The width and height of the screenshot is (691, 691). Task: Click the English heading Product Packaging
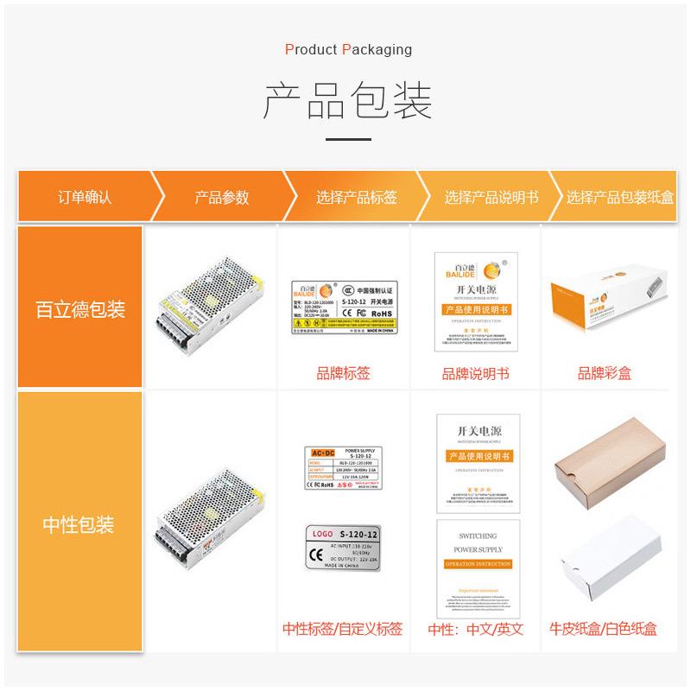[x=348, y=49]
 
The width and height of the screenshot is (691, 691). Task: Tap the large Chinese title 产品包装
[x=347, y=102]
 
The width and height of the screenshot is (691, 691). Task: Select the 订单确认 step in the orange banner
[x=85, y=197]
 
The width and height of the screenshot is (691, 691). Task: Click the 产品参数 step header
[x=221, y=197]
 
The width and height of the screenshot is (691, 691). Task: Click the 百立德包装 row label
[x=80, y=308]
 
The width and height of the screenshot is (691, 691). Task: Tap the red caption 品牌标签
[x=343, y=374]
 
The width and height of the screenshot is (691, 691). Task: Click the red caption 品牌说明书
[x=475, y=374]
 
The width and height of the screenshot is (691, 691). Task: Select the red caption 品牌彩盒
[x=605, y=374]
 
